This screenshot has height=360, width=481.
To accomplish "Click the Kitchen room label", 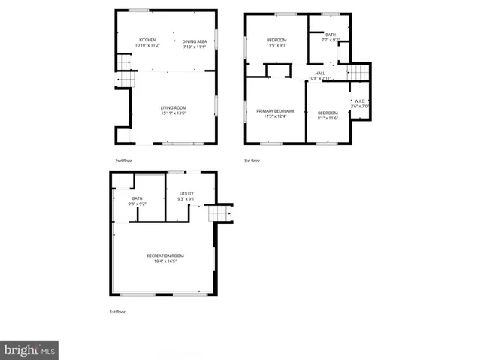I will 148,41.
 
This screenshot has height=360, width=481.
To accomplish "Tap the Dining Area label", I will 194,41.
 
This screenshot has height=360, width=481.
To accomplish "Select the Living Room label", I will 173,108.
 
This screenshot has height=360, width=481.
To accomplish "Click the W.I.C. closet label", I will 360,103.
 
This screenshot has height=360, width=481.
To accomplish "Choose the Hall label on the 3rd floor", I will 320,73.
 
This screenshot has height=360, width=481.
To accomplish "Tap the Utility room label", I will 186,194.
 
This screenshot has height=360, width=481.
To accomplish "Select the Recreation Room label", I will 165,256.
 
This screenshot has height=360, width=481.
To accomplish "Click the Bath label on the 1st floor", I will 137,199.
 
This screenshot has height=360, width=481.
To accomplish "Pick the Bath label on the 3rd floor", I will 331,35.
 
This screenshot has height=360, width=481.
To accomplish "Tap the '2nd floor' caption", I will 123,161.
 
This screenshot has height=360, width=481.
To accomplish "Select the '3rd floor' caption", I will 253,161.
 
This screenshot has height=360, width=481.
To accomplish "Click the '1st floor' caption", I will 118,311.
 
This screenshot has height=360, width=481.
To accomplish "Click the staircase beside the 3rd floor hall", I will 359,72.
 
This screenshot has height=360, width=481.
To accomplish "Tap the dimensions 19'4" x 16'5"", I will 165,262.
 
